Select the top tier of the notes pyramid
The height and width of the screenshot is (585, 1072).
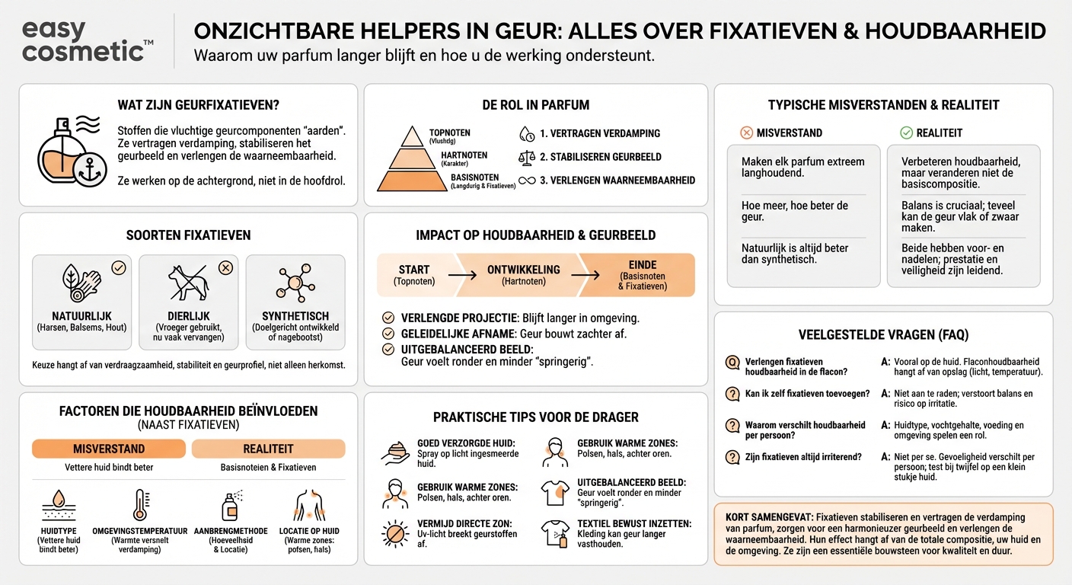pos(412,136)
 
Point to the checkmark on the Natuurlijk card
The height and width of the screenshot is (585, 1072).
pos(118,267)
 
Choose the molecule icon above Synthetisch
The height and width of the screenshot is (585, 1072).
pos(295,282)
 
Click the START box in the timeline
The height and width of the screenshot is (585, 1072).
pos(413,274)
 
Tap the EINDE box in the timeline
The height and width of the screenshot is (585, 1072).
pos(643,274)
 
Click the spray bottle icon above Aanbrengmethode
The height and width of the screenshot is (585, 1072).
pos(228,506)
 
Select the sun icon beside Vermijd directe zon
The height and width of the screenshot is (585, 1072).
pos(395,532)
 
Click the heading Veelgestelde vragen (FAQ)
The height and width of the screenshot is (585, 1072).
pos(883,334)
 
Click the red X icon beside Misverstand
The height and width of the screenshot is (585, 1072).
pos(746,133)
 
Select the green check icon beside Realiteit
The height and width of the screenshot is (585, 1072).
pos(906,133)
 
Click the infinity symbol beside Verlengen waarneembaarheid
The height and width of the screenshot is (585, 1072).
pos(526,181)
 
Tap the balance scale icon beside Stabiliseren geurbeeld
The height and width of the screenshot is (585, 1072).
pos(526,157)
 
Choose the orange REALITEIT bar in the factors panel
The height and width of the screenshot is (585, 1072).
pos(268,449)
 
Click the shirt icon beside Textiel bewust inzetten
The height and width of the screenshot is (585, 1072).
pos(554,532)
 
